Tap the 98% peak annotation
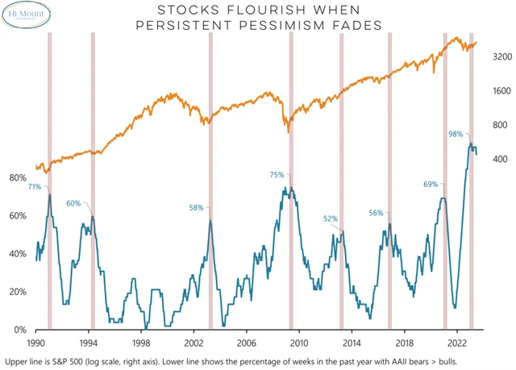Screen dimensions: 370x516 (x=456, y=135)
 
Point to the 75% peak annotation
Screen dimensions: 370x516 (x=277, y=175)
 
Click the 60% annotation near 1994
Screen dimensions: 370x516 (x=73, y=203)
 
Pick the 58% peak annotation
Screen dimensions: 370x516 (x=197, y=207)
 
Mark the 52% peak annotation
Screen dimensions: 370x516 (x=331, y=218)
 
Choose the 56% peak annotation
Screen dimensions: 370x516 (x=376, y=213)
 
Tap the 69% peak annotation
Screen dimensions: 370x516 (x=431, y=185)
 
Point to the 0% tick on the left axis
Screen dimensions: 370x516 (x=21, y=330)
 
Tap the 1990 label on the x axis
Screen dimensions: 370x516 (x=36, y=342)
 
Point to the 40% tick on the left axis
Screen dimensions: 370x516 (x=18, y=254)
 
